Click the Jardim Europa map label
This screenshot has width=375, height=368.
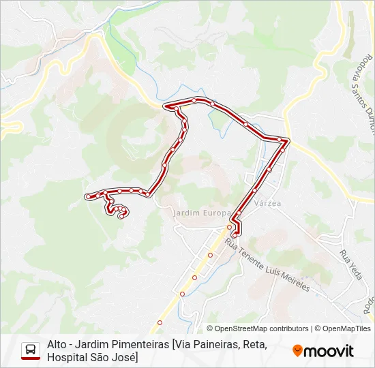pos(198,213)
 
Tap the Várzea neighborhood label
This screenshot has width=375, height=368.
pos(267,202)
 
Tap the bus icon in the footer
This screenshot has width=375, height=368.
pos(30,350)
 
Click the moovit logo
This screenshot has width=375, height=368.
pos(323,351)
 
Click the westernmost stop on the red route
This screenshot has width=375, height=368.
pos(87,196)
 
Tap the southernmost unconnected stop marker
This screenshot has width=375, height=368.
pos(160,322)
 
